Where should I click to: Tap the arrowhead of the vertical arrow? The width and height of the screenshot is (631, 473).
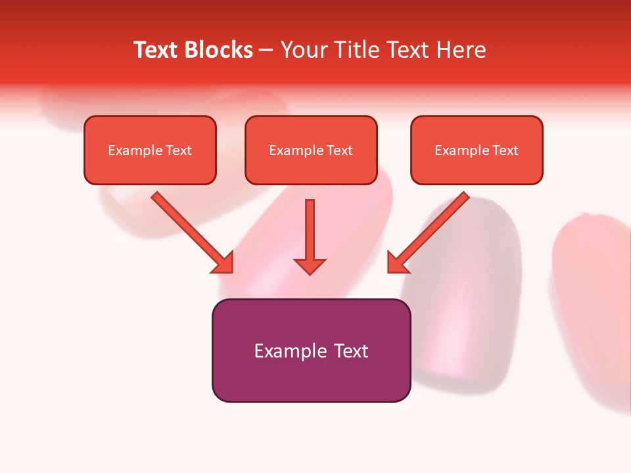click(310, 266)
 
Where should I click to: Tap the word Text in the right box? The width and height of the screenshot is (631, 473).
click(505, 150)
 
